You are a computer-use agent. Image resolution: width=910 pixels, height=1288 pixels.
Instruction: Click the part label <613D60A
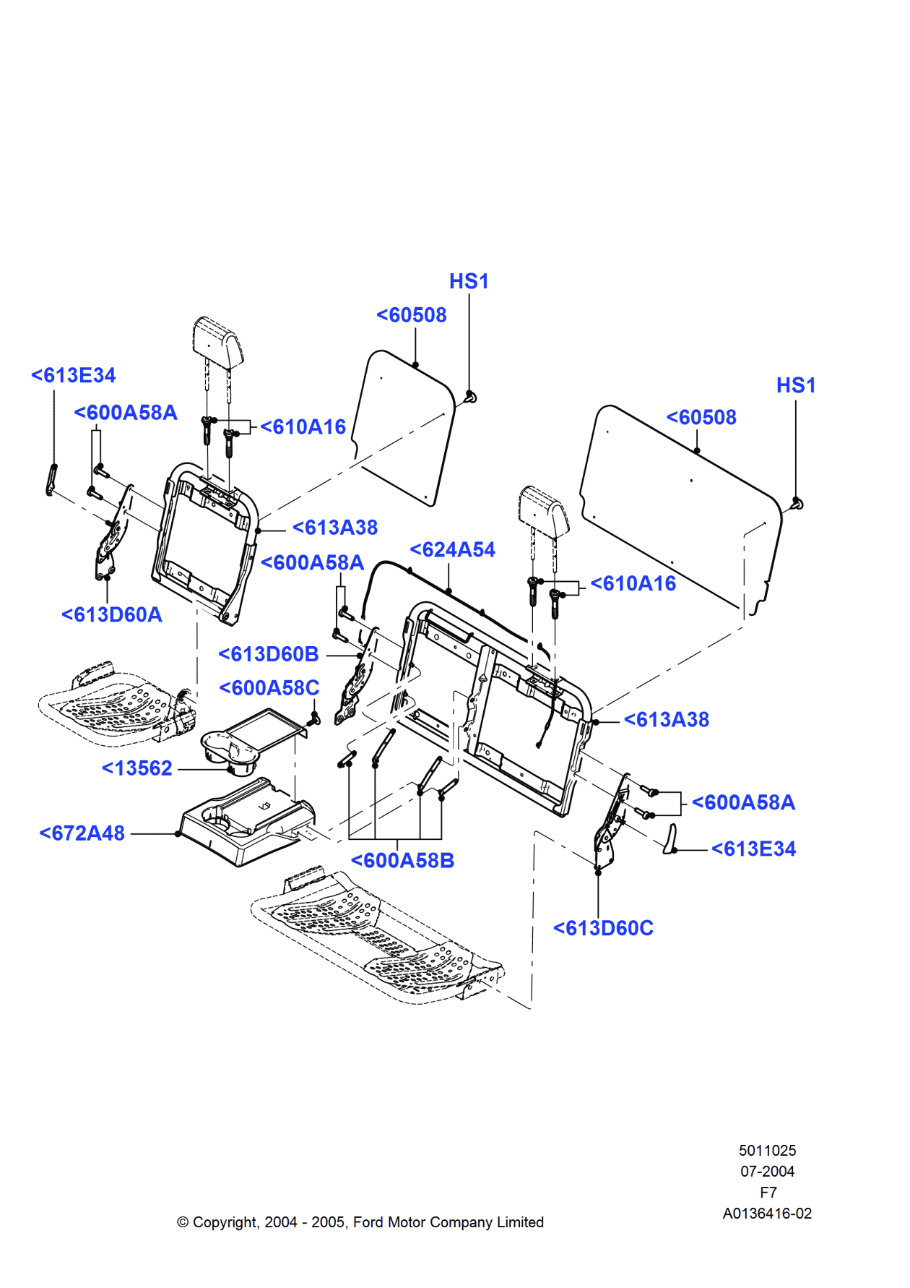coord(112,614)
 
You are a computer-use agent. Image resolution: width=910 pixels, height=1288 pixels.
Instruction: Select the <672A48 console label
coord(82,833)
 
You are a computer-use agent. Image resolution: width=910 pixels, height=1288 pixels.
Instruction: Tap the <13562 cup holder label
coord(137,768)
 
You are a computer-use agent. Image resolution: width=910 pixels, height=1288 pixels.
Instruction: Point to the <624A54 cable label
coord(452,550)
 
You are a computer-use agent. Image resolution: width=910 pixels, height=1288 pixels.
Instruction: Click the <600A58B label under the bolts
coord(402,861)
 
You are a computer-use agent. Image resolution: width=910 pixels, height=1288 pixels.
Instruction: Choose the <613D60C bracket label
coord(603,928)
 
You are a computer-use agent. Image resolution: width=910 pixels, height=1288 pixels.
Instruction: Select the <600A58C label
coord(269,688)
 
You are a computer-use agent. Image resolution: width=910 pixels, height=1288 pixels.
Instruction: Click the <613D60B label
coord(269,654)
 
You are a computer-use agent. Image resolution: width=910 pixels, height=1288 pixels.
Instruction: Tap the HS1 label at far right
coord(796,385)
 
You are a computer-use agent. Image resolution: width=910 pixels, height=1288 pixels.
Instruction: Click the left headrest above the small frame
coord(217,340)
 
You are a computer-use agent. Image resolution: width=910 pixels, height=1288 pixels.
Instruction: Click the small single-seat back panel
coord(404,426)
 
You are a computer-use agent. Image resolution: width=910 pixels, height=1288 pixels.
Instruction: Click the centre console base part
coord(246,824)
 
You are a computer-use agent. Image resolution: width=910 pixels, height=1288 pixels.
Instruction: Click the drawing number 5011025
coord(767,1151)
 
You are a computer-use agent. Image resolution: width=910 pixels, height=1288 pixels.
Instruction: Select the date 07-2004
coord(767,1172)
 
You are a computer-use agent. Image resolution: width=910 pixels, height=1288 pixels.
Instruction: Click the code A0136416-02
coord(767,1214)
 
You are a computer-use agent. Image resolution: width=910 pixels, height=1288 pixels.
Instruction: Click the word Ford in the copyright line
coord(368,1222)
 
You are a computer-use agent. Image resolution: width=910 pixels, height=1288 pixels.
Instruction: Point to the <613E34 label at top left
coord(74,376)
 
